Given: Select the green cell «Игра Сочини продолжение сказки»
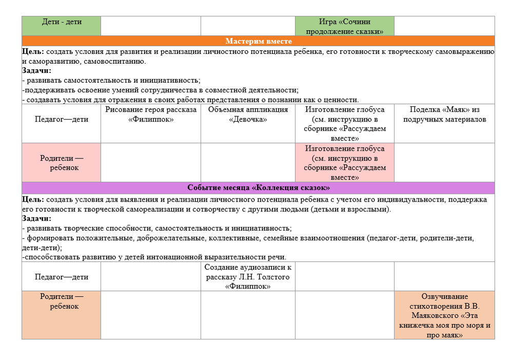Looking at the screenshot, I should pos(344,26).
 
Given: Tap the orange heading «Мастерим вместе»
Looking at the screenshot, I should pos(258,41).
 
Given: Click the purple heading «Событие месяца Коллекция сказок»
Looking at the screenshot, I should pos(258,188).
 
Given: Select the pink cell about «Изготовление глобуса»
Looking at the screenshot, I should pos(344,163).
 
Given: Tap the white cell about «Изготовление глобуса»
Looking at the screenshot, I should pos(344,124).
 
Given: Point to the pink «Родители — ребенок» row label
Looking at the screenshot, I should pos(61,163).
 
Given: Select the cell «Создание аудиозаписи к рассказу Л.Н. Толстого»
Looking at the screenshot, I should pos(248,277).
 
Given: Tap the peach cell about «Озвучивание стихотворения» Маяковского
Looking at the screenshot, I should pos(444,315).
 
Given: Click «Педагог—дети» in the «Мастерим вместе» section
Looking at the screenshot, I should pos(61,119).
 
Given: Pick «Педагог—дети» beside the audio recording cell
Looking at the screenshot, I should pos(61,277).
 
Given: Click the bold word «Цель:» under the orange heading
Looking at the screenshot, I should pos(33,52).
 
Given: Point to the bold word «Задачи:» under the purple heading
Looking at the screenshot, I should pos(37,218).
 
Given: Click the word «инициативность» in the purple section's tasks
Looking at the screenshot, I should pos(264,228).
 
